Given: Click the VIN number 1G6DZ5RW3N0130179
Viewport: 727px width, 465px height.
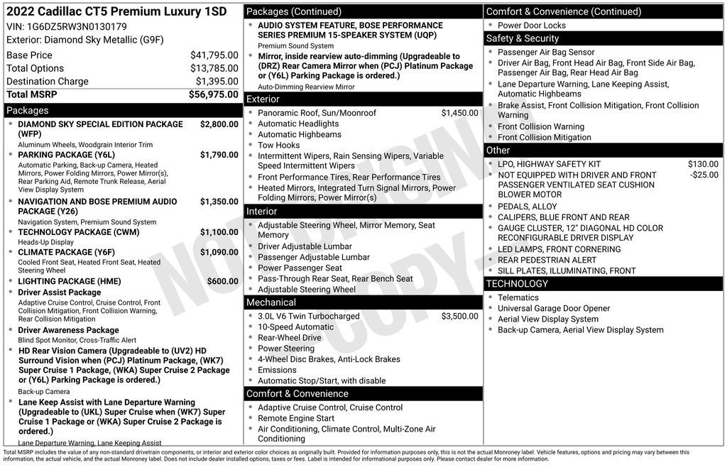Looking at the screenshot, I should (x=77, y=27).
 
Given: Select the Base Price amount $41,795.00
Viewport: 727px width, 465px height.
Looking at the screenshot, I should (x=214, y=55).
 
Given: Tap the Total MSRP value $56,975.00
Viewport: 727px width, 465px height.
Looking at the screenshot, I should (x=213, y=94).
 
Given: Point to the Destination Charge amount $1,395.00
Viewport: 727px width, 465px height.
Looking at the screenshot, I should (x=217, y=82).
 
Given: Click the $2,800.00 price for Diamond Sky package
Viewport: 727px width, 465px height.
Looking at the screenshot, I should (x=219, y=124).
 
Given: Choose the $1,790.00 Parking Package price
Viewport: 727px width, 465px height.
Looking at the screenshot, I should (x=219, y=155).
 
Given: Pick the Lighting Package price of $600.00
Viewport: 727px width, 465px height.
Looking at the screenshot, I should (x=222, y=281).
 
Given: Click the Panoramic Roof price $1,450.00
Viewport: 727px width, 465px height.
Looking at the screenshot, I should (x=459, y=113).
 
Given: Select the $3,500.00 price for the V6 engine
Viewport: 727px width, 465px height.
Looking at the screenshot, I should (x=459, y=317).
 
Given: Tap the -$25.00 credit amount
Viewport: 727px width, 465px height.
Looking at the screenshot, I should (x=704, y=175).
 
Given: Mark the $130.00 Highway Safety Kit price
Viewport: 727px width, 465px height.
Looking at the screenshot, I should (x=703, y=164).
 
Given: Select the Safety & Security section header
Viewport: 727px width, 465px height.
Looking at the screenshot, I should (x=522, y=38).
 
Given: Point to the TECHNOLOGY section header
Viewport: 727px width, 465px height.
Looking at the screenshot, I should (x=517, y=284).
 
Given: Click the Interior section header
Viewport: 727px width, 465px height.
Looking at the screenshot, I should (x=262, y=212).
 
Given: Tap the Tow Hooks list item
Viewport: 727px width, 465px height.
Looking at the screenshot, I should (x=278, y=146).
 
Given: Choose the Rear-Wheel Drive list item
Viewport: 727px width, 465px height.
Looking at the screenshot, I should (x=289, y=338).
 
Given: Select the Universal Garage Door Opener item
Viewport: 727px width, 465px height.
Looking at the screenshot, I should (x=553, y=309).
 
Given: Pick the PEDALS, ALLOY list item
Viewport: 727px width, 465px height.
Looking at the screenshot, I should (x=527, y=207).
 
